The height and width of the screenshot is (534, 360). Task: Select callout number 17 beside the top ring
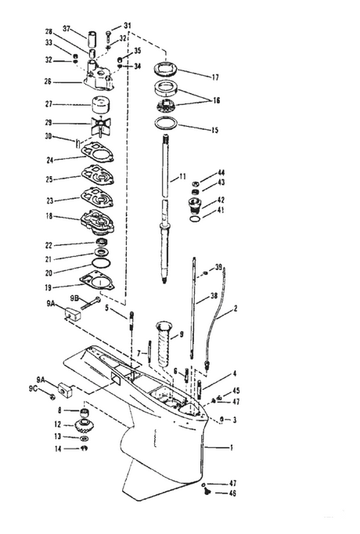[215, 78]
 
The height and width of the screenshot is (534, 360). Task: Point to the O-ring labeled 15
[166, 123]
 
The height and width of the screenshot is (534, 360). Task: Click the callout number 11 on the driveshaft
[182, 176]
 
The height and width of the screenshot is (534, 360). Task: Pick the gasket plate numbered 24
[97, 154]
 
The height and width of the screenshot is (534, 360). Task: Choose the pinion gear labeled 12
[83, 425]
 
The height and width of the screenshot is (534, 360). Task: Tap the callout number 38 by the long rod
[214, 296]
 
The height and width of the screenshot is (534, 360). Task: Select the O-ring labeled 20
[101, 263]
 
